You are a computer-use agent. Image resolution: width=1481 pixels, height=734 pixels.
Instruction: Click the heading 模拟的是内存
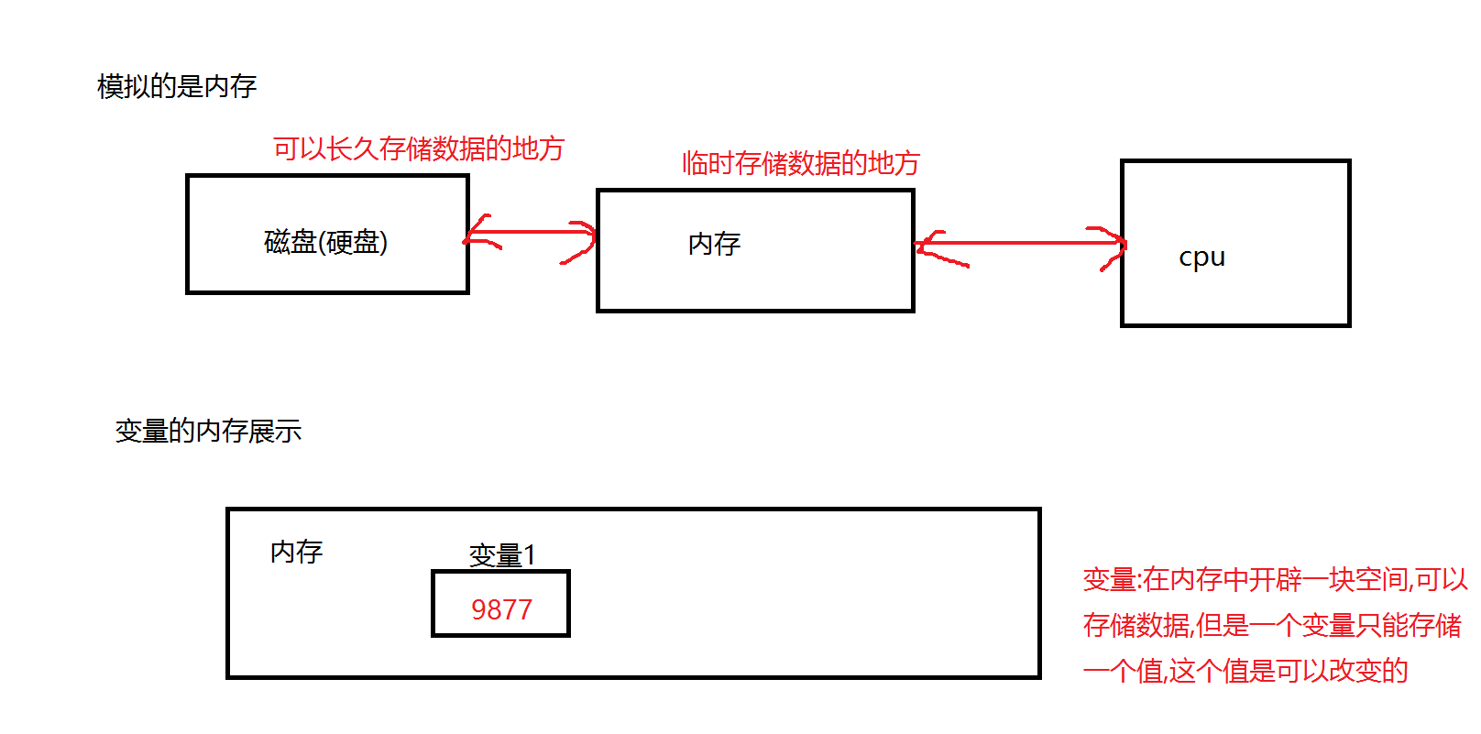[176, 87]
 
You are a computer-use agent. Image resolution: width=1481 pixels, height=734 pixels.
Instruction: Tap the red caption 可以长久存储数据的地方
[418, 148]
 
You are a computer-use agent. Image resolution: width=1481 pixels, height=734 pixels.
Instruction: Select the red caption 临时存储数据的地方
[800, 163]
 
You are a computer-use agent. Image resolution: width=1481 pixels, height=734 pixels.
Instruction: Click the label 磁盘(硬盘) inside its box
[325, 242]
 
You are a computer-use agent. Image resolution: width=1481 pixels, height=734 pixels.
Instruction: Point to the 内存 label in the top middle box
[714, 244]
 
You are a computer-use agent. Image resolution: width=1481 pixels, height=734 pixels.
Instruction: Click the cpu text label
[1201, 257]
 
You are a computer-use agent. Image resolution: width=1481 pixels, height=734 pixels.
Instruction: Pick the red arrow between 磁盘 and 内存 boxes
[531, 233]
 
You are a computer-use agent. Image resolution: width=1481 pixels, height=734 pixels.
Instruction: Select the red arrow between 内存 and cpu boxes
[1019, 244]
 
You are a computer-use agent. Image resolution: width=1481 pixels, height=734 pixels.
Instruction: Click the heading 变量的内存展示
[208, 431]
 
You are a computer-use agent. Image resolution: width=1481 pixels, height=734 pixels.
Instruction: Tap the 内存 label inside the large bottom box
[296, 552]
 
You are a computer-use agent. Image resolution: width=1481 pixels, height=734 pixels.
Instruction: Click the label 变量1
[501, 555]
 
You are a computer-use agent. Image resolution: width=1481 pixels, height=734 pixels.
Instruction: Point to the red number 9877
[501, 609]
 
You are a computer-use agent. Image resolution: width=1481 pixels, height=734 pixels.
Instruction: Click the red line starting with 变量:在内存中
[1275, 579]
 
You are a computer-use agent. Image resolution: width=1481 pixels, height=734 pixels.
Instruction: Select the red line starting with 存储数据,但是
[1271, 625]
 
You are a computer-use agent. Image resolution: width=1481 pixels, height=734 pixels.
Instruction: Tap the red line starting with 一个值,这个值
[1245, 671]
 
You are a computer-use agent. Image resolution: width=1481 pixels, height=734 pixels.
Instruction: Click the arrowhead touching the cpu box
[1113, 246]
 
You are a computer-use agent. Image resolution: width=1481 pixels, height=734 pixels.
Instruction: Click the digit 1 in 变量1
[529, 555]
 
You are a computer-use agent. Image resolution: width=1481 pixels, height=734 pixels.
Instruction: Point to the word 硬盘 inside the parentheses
[352, 242]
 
